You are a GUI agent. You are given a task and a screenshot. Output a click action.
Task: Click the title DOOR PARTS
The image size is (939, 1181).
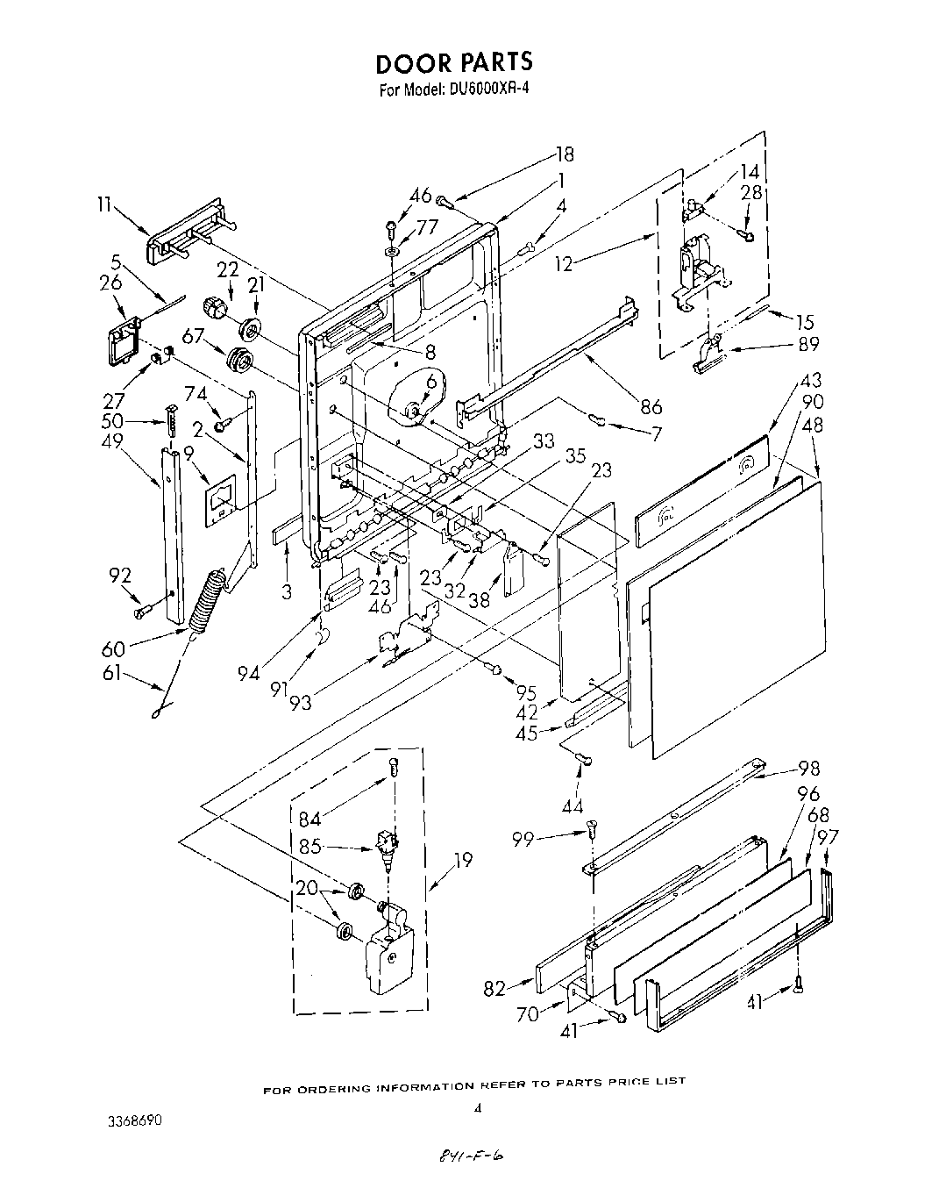click(453, 63)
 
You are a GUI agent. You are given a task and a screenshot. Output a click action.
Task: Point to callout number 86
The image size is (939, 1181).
click(651, 406)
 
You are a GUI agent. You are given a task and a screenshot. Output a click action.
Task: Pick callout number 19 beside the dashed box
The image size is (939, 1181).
click(463, 860)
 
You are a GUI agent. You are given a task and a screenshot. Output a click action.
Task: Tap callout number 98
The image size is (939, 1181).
click(808, 769)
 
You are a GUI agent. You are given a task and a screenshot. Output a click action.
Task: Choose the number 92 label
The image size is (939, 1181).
click(120, 576)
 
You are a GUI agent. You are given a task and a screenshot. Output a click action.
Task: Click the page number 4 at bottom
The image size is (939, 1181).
click(477, 1108)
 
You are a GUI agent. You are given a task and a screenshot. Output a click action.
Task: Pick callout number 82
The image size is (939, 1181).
click(494, 988)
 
